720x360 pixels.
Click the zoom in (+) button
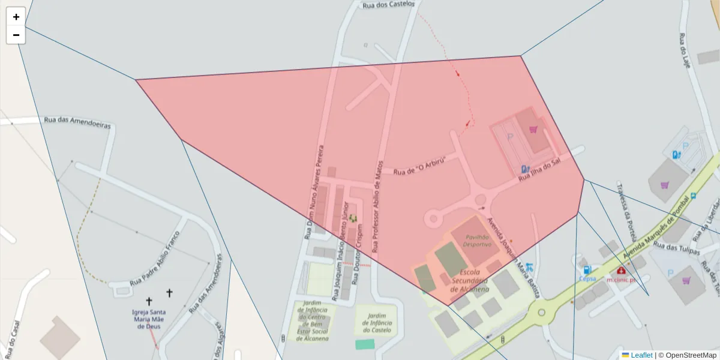pos(16,17)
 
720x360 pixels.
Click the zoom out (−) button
pos(16,35)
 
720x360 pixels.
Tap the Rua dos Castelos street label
pos(388,4)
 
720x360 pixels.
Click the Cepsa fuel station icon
pos(587,271)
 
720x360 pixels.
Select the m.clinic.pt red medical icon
pos(620,271)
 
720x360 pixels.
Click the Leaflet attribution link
pos(641,355)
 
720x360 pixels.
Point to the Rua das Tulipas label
pos(676,248)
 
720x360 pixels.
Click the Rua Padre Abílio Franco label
pos(155,259)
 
